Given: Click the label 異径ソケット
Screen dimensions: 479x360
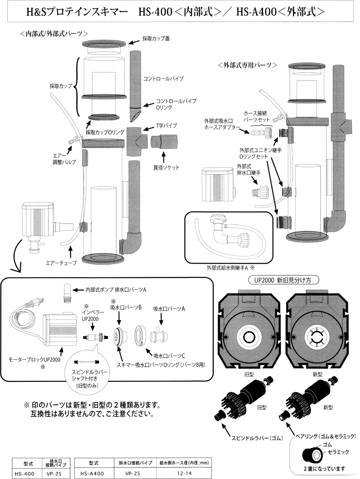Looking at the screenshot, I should (166, 167).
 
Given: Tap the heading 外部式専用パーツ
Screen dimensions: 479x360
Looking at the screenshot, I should (247, 65).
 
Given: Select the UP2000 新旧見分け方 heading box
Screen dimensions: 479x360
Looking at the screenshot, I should (283, 279).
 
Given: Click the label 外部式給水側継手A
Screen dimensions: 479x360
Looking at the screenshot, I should (227, 267).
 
